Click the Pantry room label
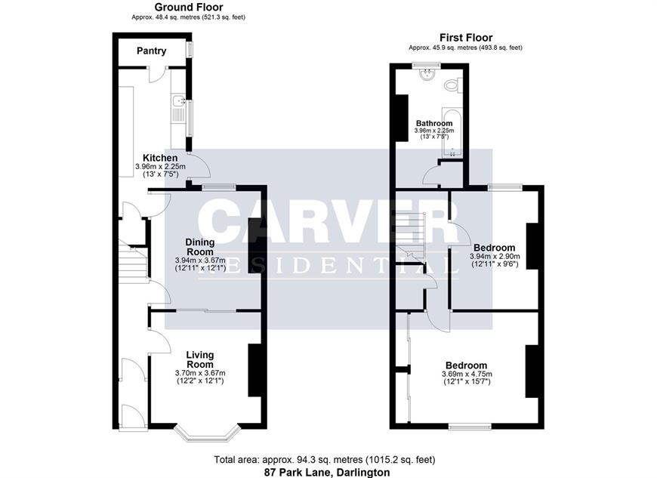coord(151,51)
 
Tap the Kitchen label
coord(160,158)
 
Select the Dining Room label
coord(200,247)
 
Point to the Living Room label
coord(200,359)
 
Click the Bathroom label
coord(434,123)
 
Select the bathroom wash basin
coord(427,74)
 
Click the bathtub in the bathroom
coord(452,132)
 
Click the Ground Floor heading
coord(189,7)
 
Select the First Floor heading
coord(466,38)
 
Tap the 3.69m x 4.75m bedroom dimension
coord(467,374)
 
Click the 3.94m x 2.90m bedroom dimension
coord(495,257)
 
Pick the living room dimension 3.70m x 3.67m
coord(200,373)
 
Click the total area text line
coord(325,460)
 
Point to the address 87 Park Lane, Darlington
coord(327,473)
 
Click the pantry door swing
coord(157,76)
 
